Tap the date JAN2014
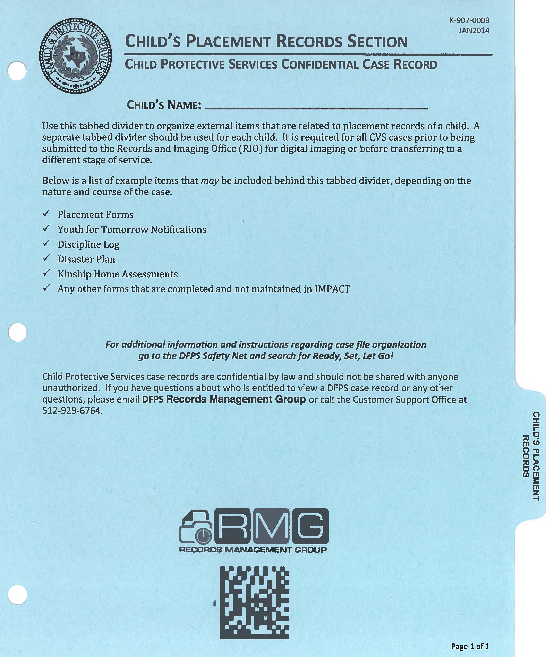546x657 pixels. [474, 31]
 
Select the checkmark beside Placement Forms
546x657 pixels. [46, 214]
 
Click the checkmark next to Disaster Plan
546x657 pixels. [46, 258]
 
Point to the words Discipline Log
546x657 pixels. [88, 244]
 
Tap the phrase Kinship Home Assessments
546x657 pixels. [117, 274]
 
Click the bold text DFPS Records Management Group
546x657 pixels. [224, 399]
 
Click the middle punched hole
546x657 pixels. [18, 332]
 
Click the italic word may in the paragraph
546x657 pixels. [209, 181]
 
